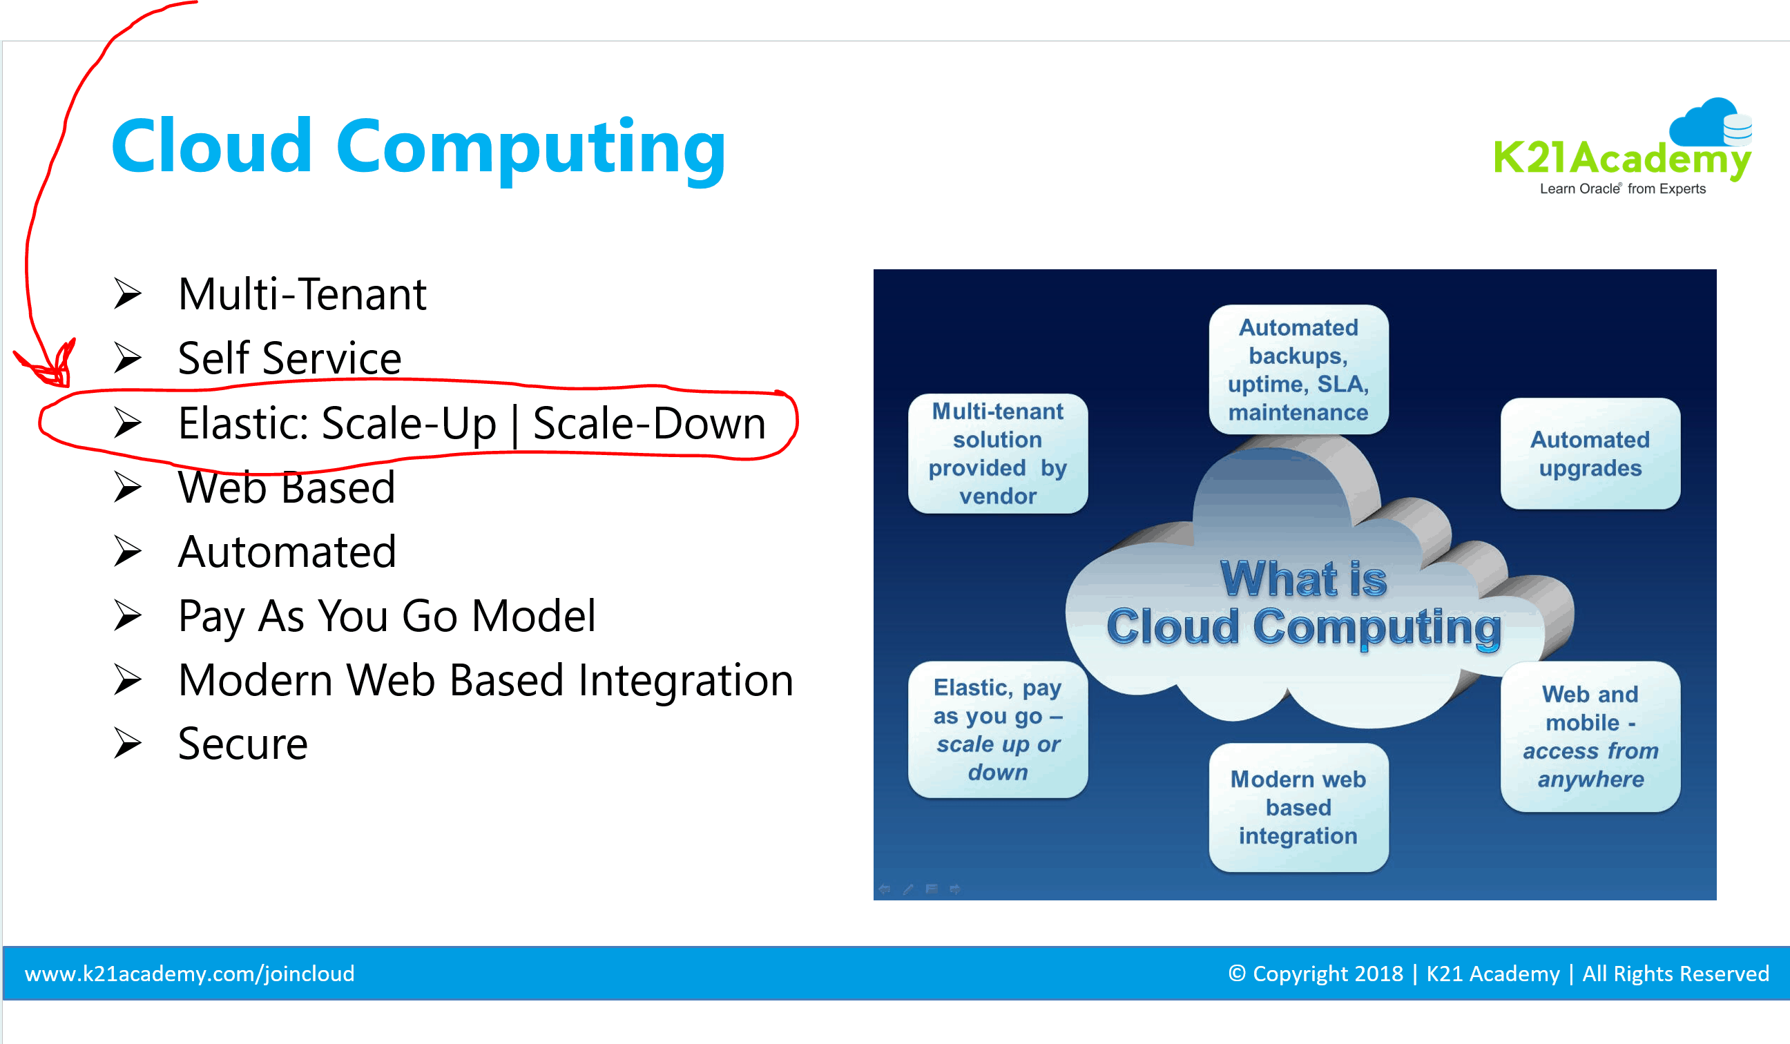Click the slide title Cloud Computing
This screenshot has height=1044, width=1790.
click(419, 148)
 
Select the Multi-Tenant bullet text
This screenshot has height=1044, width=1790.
click(302, 294)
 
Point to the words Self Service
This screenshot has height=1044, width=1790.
click(289, 358)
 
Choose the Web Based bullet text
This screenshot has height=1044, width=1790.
click(287, 488)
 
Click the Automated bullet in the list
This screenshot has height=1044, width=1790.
click(287, 552)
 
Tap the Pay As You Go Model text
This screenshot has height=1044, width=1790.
click(387, 617)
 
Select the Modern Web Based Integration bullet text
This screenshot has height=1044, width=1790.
click(486, 680)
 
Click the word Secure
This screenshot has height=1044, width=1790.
click(243, 744)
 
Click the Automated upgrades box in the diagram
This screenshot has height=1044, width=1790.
click(1590, 454)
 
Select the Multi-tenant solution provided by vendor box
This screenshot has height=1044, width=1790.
click(998, 454)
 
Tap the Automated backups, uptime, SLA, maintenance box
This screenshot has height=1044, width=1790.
click(1298, 370)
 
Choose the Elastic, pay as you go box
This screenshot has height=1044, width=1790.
click(998, 730)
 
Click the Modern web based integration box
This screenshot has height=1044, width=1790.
click(1298, 807)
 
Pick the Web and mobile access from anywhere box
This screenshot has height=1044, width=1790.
click(1590, 737)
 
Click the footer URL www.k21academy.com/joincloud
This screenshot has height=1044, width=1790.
click(190, 974)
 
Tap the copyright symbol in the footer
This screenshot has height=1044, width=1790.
click(1237, 974)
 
